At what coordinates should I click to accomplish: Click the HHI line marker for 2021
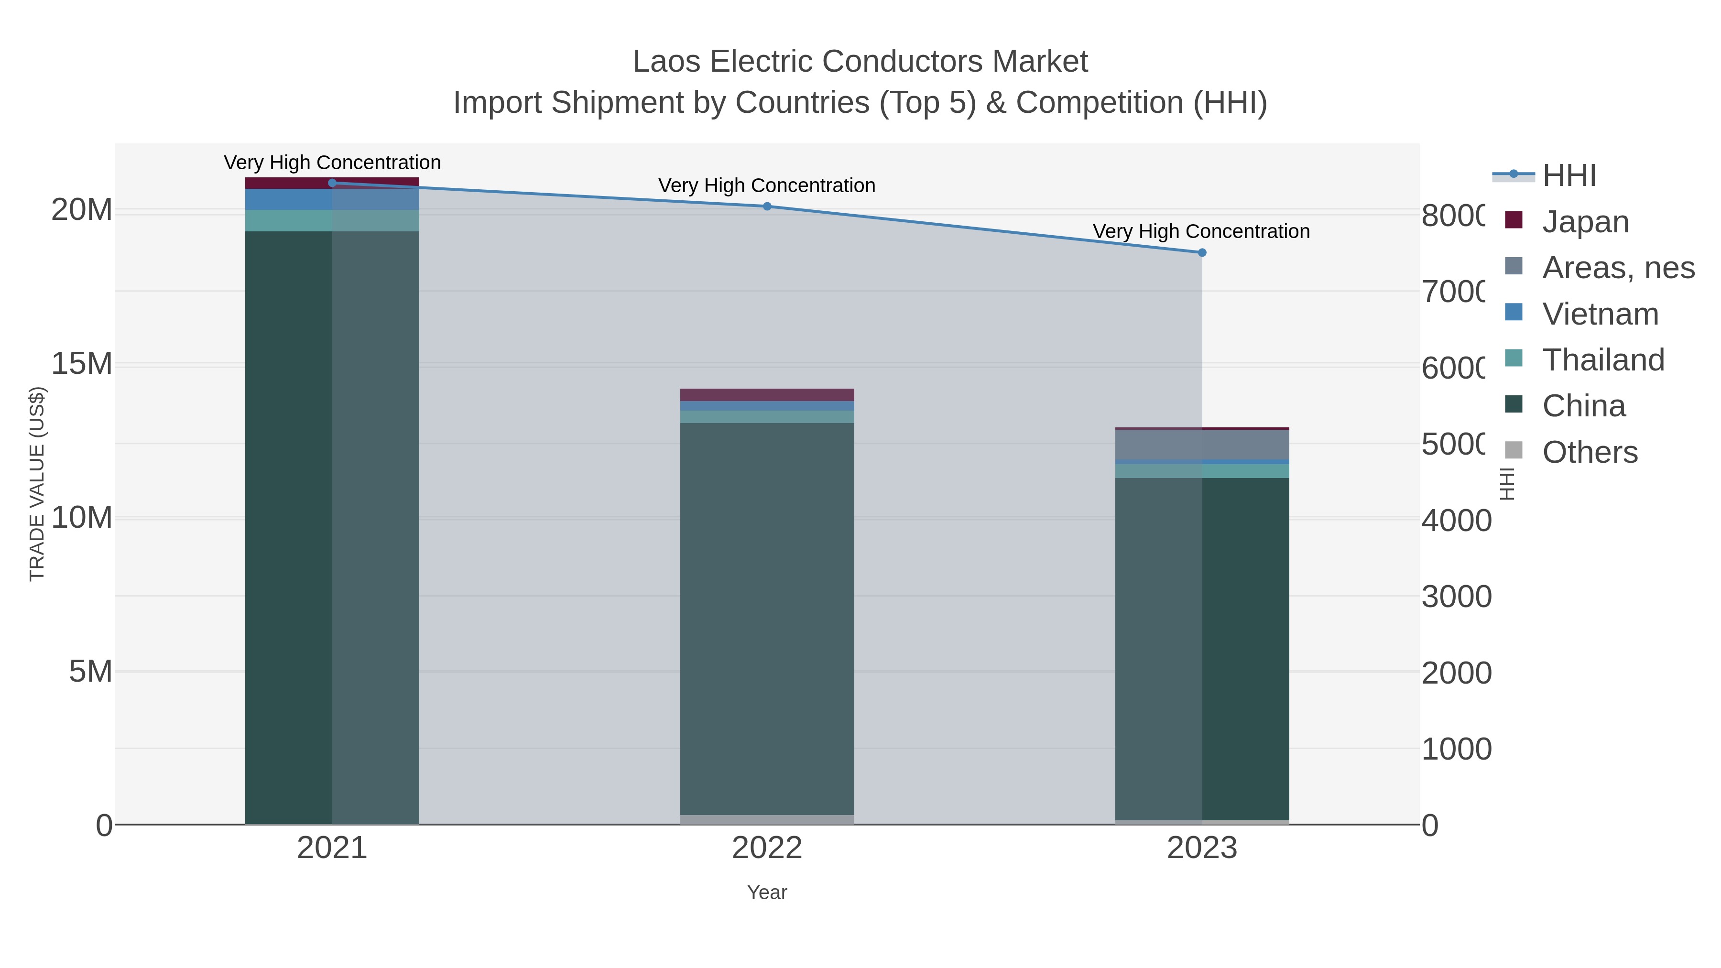(x=332, y=183)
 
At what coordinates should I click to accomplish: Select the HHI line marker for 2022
(x=767, y=207)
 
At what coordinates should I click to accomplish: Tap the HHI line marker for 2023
(x=1202, y=252)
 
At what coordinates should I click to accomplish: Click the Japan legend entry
(x=1585, y=221)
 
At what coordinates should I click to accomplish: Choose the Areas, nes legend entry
(x=1617, y=267)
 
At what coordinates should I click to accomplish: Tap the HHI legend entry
(x=1569, y=175)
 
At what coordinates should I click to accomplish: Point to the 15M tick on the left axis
(x=81, y=364)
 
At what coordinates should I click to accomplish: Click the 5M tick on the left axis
(x=90, y=672)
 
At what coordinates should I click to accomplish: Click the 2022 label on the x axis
(x=767, y=848)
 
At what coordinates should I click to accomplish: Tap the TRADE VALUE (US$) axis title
(x=37, y=484)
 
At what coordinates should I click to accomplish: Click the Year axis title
(x=767, y=892)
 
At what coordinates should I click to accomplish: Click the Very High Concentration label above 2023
(x=1200, y=231)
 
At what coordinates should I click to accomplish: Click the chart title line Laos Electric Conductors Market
(x=860, y=62)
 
